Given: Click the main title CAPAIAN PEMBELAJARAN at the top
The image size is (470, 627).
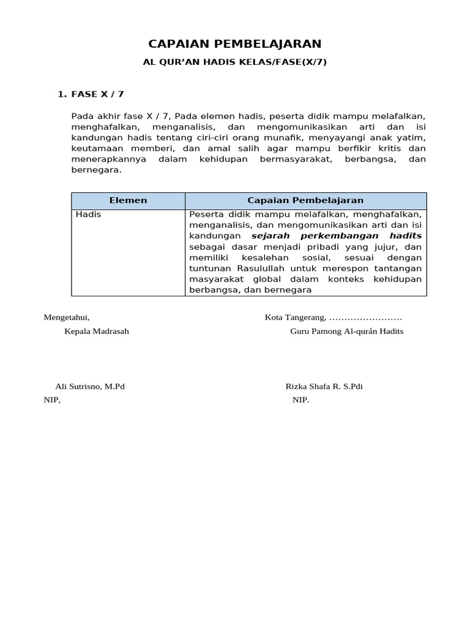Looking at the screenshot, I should click(235, 43).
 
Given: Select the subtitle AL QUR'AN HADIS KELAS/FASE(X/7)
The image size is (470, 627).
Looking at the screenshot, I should click(235, 62).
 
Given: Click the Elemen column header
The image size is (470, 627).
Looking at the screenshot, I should click(128, 200).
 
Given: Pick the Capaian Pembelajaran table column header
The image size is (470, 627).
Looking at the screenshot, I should click(305, 200).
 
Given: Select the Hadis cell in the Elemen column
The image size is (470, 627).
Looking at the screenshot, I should click(89, 214).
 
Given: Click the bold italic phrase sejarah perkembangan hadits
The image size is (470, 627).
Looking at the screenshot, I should click(337, 236).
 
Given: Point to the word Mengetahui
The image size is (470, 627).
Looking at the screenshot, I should click(67, 317).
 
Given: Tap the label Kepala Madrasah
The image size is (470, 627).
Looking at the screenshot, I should click(97, 331).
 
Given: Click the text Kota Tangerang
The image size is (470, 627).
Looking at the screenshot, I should click(294, 317).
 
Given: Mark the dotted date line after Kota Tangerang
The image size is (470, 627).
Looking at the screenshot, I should click(365, 318).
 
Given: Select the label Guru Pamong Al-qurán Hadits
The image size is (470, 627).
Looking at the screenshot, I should click(346, 331).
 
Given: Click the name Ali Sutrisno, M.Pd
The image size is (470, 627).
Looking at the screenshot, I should click(90, 387).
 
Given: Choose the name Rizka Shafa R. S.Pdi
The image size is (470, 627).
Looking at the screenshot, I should click(324, 387).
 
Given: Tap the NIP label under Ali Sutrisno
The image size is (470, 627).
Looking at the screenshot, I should click(52, 400).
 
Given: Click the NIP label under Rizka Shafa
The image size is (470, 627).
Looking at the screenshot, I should click(300, 400).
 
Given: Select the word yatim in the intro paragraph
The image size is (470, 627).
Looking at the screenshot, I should click(412, 138).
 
